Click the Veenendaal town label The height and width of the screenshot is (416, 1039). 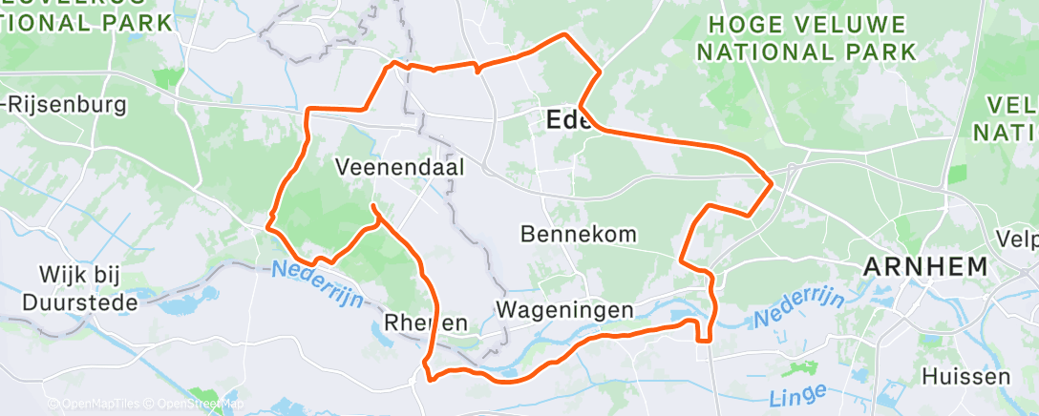399,167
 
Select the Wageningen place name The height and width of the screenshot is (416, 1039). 564,310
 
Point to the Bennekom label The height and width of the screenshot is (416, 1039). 580,233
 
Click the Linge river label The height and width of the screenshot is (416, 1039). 797,392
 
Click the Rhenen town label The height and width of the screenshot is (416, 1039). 426,323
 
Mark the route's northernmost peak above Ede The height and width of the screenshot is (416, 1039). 565,35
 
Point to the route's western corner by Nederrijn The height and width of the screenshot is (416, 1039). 269,225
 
